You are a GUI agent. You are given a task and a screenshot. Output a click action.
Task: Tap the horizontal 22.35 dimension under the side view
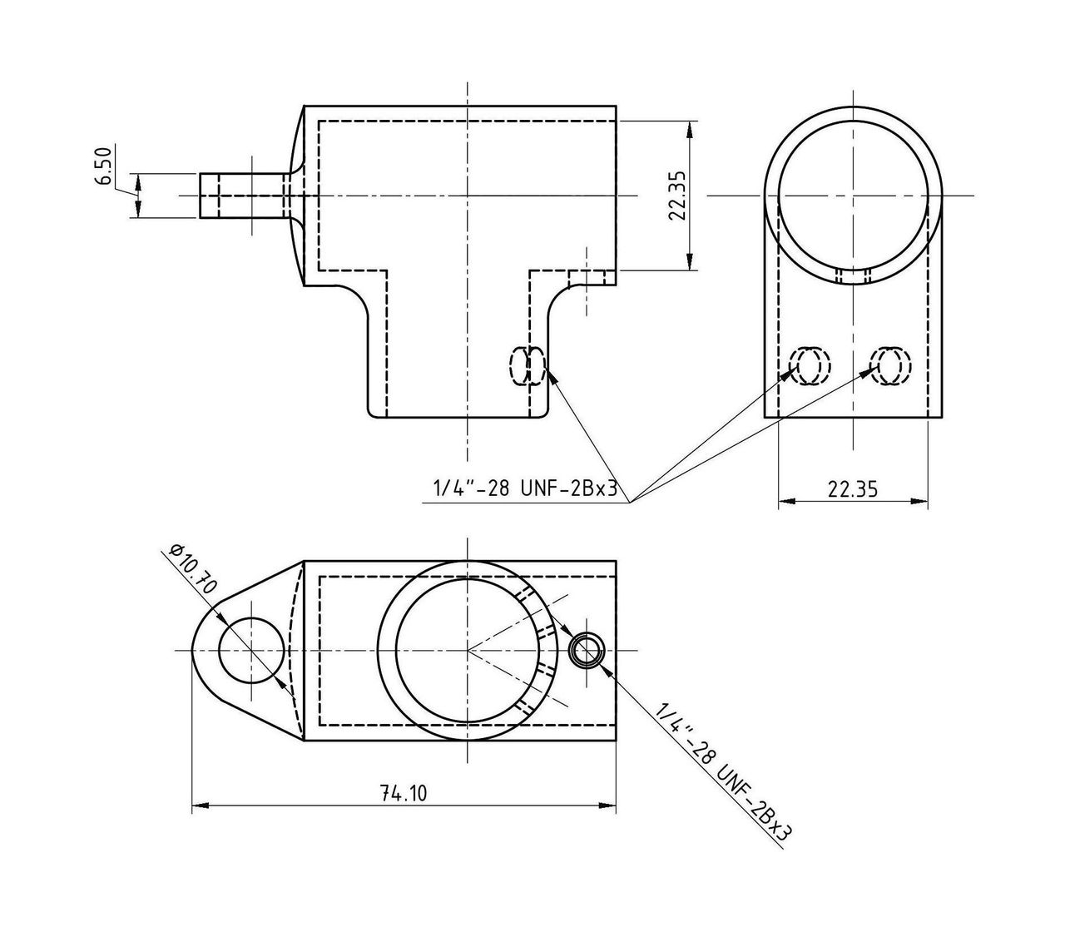pyautogui.click(x=852, y=488)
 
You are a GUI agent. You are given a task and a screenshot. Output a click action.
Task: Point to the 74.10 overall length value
pyautogui.click(x=403, y=794)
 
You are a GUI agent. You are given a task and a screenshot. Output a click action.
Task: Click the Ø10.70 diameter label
pyautogui.click(x=192, y=569)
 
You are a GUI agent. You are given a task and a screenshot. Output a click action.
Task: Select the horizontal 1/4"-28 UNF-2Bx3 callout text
pyautogui.click(x=524, y=489)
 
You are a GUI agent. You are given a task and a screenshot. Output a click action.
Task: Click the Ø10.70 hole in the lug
pyautogui.click(x=247, y=649)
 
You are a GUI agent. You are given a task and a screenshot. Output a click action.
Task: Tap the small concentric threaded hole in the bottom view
pyautogui.click(x=587, y=649)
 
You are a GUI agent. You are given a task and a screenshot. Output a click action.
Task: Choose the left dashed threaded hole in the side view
pyautogui.click(x=809, y=364)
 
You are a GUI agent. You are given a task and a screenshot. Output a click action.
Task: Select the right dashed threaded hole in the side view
pyautogui.click(x=890, y=364)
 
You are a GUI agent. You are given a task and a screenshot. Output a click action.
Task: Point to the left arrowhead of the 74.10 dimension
pyautogui.click(x=199, y=805)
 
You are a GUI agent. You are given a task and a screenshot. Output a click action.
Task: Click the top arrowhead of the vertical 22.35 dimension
pyautogui.click(x=691, y=127)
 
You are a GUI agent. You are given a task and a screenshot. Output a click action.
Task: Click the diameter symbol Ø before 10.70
pyautogui.click(x=176, y=549)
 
